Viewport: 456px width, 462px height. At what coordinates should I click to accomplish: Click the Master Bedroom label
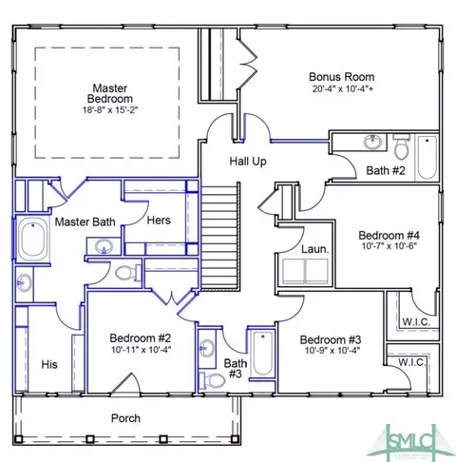pos(110,93)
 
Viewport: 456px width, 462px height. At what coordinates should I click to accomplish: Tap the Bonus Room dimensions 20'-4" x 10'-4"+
pos(343,88)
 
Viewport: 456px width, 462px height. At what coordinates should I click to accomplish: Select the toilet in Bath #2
pos(401,146)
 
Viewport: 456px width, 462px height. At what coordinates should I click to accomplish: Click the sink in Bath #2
pos(372,142)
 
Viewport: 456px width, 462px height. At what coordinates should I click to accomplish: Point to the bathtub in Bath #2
pos(427,158)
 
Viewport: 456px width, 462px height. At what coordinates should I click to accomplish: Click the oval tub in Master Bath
pos(33,239)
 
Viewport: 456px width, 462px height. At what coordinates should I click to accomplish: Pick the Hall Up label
pos(248,162)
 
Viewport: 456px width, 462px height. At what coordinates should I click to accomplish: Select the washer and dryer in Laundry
pos(305,271)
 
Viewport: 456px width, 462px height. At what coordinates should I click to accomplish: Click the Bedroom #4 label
pos(389,236)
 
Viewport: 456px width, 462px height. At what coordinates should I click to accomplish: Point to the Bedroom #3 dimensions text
pos(332,351)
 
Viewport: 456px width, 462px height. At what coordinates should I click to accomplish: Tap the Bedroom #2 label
pos(141,338)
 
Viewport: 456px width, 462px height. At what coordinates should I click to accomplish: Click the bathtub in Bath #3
pos(262,354)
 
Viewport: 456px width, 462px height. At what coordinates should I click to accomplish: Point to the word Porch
pos(125,418)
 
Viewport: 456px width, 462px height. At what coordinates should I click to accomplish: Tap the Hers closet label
pos(159,221)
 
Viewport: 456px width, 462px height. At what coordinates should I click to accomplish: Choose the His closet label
pos(49,364)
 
